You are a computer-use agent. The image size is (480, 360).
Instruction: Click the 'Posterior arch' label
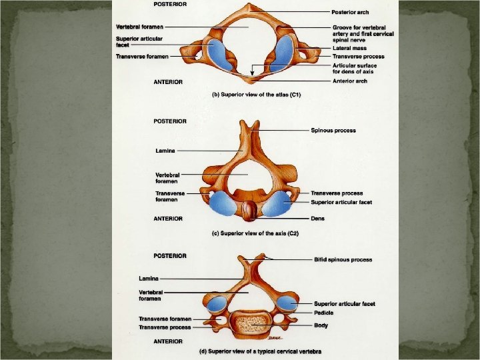(349, 13)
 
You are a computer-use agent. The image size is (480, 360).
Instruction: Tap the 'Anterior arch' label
(349, 81)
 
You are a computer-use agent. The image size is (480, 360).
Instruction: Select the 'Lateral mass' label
(349, 49)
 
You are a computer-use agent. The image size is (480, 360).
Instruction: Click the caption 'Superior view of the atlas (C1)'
(256, 95)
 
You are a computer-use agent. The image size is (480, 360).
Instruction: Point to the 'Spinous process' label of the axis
(333, 131)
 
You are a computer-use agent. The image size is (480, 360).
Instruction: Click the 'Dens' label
(317, 218)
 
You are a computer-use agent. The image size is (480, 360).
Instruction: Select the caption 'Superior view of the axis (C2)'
(255, 232)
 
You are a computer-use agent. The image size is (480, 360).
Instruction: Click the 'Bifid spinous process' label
(343, 259)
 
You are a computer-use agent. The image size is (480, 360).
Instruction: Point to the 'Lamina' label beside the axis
(165, 151)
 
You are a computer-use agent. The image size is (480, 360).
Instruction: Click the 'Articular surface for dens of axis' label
(354, 69)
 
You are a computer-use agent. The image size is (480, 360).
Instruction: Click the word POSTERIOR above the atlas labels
(170, 3)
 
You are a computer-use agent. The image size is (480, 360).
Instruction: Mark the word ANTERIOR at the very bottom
(169, 341)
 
